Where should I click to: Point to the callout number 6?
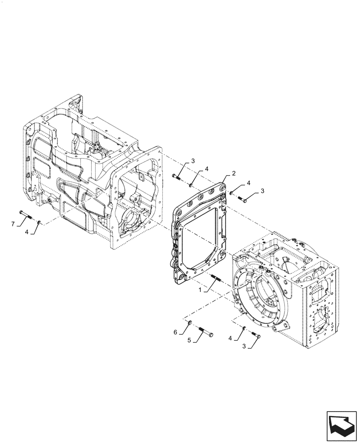coord(176,332)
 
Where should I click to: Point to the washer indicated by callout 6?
coord(189,323)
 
